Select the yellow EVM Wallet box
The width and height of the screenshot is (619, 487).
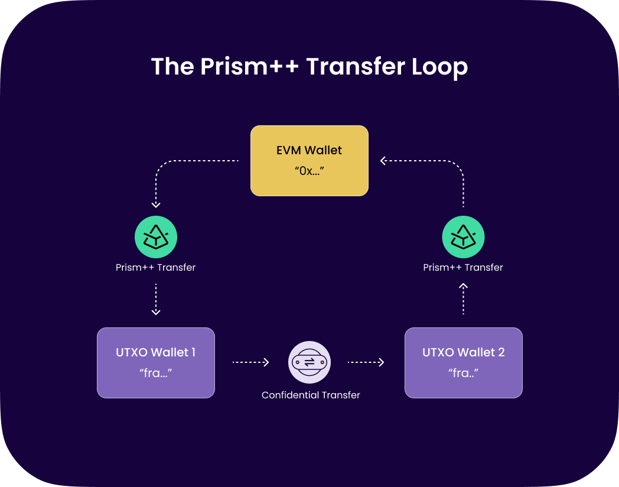pos(309,160)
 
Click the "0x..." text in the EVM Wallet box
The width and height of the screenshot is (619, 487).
pos(309,171)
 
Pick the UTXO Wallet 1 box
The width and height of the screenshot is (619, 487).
pos(156,362)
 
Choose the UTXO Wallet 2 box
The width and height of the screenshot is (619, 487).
pos(464,362)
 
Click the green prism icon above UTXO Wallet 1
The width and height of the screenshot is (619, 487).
pos(156,237)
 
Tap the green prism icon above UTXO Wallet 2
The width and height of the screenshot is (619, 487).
pos(464,237)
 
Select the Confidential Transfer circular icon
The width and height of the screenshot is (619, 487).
pos(309,362)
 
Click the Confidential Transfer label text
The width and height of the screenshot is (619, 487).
pos(311,395)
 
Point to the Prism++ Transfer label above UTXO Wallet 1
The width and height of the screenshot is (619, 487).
pos(156,267)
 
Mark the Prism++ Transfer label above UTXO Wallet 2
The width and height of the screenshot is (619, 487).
pos(463,267)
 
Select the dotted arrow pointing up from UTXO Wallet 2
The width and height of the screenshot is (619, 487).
pos(464,299)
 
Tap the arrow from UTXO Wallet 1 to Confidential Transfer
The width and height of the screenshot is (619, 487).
pos(251,362)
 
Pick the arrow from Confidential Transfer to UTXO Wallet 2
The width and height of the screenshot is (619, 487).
pos(366,362)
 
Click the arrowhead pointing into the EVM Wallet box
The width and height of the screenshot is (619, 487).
pos(384,160)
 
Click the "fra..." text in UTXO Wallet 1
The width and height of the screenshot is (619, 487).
pos(156,374)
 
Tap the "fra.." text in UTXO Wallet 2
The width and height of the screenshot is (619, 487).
pos(463,374)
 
